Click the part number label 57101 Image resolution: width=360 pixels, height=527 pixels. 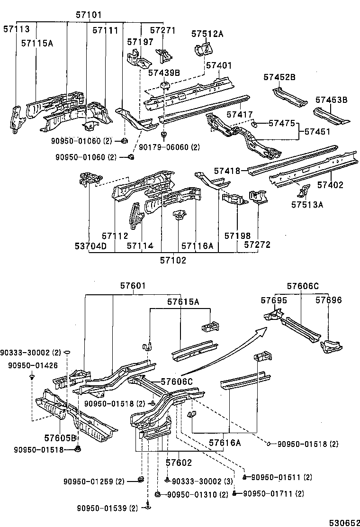pos(89,15)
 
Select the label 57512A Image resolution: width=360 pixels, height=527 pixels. pos(207,34)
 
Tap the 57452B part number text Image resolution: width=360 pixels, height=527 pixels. pos(279,77)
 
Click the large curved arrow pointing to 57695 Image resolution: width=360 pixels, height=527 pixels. pos(223,353)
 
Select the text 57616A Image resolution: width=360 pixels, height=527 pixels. pos(225,443)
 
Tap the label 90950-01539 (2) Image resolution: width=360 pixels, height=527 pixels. pos(107,508)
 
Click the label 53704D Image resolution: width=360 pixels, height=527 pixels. pos(90,245)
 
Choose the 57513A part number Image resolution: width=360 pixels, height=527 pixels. pos(307,205)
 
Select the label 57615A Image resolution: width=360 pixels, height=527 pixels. pos(183,301)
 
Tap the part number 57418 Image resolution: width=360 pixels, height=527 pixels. pos(227,171)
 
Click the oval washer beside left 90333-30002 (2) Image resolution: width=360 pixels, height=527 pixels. pos(67,353)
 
